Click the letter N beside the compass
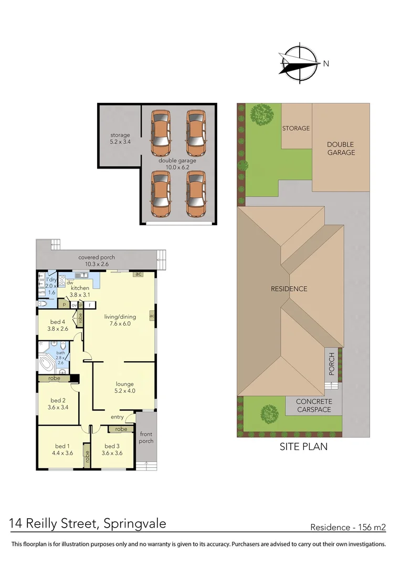click(326, 64)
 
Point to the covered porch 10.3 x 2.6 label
click(97, 261)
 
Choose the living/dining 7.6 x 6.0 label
click(120, 320)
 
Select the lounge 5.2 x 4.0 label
click(125, 387)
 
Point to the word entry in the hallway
click(117, 417)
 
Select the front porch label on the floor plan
click(146, 437)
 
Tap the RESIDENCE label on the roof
click(289, 289)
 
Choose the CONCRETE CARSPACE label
click(314, 405)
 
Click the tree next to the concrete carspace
click(269, 414)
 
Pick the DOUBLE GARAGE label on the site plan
click(341, 148)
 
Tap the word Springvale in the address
click(135, 523)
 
